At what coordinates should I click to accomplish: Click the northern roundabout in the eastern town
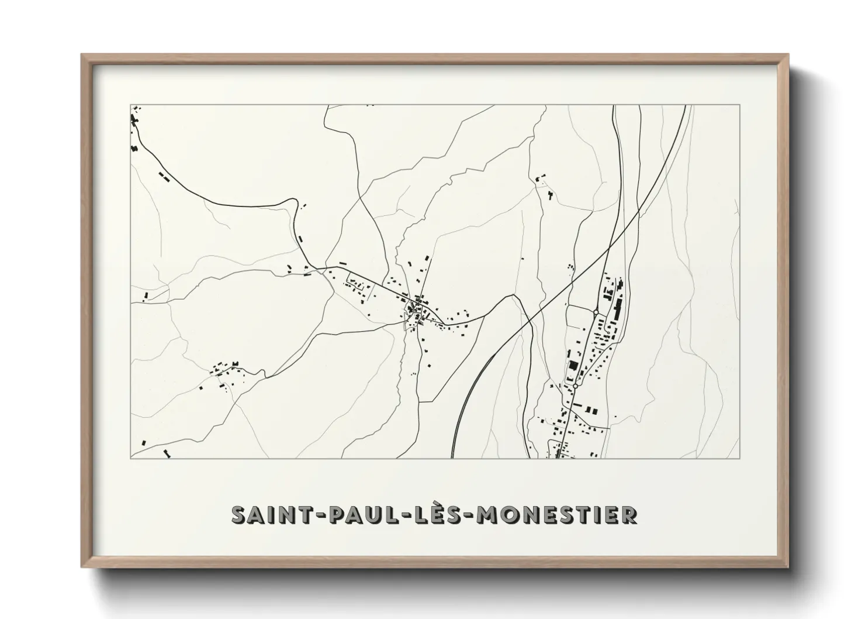pyautogui.click(x=596, y=313)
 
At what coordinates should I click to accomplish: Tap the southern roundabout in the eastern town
pyautogui.click(x=576, y=386)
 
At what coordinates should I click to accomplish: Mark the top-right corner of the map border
pyautogui.click(x=740, y=105)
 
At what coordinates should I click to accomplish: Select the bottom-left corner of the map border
pyautogui.click(x=130, y=459)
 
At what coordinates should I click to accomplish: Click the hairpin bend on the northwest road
pyautogui.click(x=290, y=202)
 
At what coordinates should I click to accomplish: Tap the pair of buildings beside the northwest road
pyautogui.click(x=164, y=175)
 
